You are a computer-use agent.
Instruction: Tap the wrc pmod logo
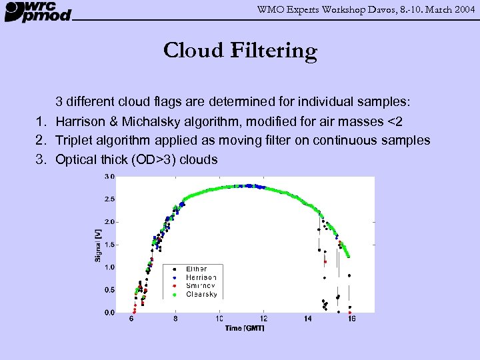tap(38, 11)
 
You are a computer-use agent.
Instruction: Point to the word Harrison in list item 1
tap(81, 121)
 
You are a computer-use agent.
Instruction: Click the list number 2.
tap(41, 140)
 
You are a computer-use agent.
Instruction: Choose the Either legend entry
tap(197, 269)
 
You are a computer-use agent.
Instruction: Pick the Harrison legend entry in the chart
tap(201, 277)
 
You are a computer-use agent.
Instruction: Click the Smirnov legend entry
tap(200, 285)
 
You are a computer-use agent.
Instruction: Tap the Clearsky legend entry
tap(201, 294)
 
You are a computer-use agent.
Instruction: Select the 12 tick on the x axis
tap(264, 319)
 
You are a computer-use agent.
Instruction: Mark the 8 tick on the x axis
tap(175, 319)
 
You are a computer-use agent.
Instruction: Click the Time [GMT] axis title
tap(245, 328)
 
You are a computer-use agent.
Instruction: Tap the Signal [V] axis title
tap(98, 245)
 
